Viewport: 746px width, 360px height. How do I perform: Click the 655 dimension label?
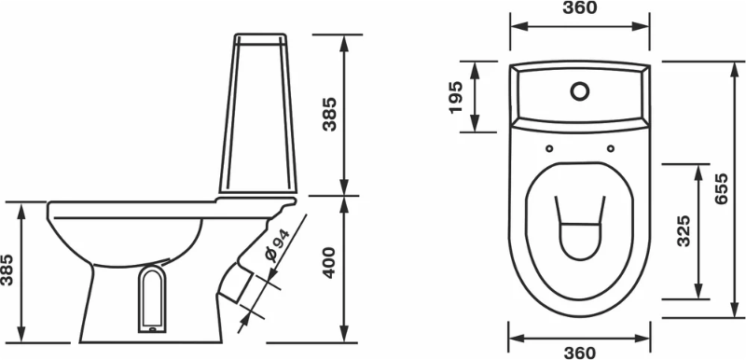pyautogui.click(x=722, y=188)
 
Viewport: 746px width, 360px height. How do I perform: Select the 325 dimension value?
pyautogui.click(x=684, y=231)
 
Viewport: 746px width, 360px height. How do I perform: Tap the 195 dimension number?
pyautogui.click(x=456, y=98)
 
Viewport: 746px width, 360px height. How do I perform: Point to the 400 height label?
pyautogui.click(x=329, y=262)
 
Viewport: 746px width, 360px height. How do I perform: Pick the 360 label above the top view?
pyautogui.click(x=579, y=7)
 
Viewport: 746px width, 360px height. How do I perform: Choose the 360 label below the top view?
pyautogui.click(x=579, y=353)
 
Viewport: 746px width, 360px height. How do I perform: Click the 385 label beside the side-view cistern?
pyautogui.click(x=329, y=114)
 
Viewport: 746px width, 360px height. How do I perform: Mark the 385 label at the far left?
pyautogui.click(x=7, y=270)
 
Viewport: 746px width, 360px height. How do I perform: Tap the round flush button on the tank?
pyautogui.click(x=580, y=91)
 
